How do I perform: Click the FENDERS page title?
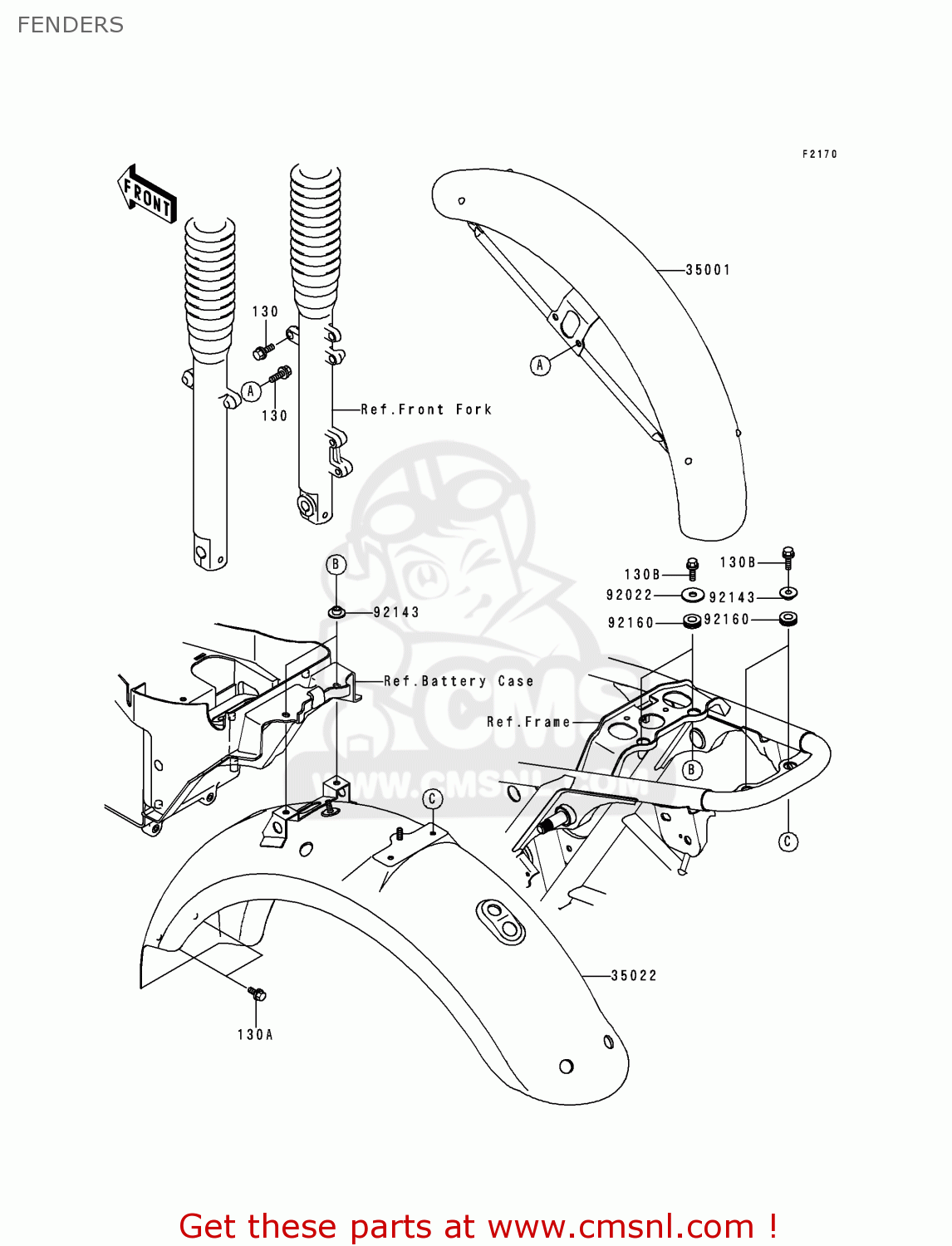[x=71, y=25]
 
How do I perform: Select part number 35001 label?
[x=708, y=270]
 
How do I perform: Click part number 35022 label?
[x=634, y=976]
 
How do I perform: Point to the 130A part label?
[x=255, y=1035]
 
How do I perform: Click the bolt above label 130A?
[x=258, y=993]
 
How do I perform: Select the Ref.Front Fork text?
[x=426, y=410]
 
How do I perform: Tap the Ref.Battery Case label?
[x=459, y=681]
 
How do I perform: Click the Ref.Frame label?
[x=528, y=723]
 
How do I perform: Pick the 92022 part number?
[x=630, y=595]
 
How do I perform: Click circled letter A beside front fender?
[x=540, y=365]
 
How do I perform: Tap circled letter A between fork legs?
[x=251, y=391]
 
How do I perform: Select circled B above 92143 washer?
[x=335, y=565]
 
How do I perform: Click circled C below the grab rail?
[x=788, y=841]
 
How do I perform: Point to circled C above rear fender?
[x=432, y=799]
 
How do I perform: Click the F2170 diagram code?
[x=819, y=155]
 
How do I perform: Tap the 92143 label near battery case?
[x=396, y=613]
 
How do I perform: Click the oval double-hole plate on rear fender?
[x=500, y=920]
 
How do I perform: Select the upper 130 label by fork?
[x=265, y=312]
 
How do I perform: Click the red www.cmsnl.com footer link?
[x=621, y=1227]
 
